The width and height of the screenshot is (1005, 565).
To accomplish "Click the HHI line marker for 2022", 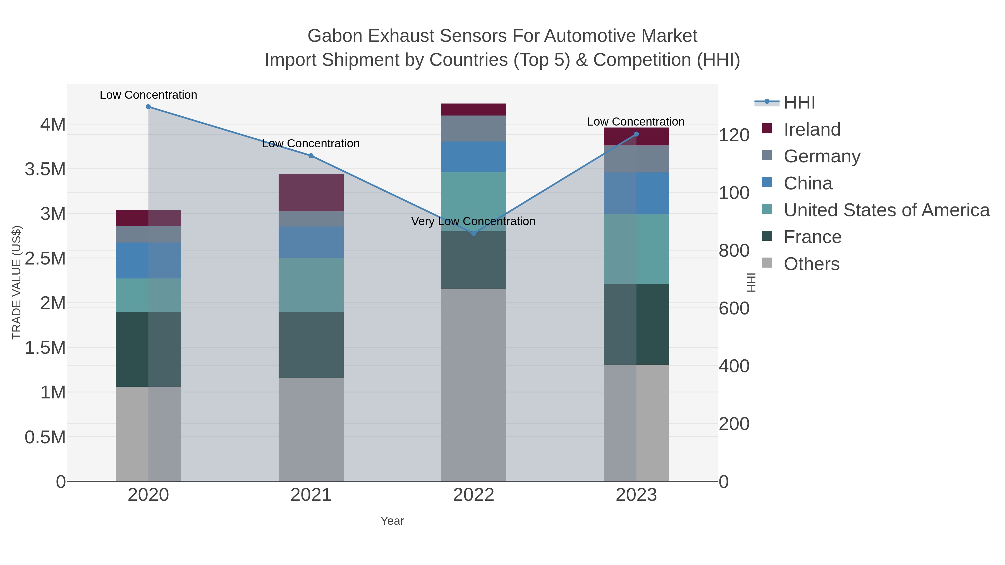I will click(474, 233).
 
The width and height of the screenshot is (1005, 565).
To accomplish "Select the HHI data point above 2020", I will click(148, 107).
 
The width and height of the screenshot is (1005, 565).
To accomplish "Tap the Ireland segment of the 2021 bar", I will click(311, 193).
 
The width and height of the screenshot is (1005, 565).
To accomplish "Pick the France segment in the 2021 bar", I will click(311, 345).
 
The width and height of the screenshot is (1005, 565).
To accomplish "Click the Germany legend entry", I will click(822, 156).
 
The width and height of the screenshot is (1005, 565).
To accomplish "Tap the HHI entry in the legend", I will click(799, 103).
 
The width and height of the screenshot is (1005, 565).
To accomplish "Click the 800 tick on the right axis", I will click(734, 251).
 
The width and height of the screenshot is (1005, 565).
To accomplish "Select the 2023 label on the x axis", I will click(636, 495).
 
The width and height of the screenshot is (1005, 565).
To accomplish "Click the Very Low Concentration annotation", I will click(473, 222).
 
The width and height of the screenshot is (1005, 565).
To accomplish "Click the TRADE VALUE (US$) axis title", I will click(16, 282).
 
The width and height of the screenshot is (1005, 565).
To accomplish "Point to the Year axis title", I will click(392, 521).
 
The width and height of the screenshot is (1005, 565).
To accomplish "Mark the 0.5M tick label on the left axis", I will click(45, 437).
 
